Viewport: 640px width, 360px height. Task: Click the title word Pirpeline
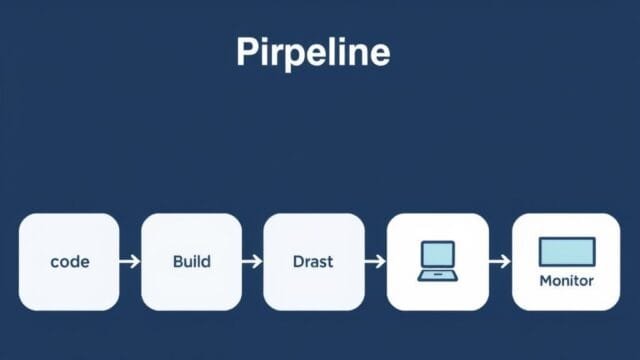(313, 52)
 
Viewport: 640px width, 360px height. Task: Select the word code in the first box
(69, 262)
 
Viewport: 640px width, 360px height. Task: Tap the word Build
(191, 262)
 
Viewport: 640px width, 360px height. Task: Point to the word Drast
(313, 262)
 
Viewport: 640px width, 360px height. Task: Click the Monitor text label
(566, 281)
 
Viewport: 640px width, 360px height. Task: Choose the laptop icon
(437, 261)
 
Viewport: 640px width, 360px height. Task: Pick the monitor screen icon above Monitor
(566, 251)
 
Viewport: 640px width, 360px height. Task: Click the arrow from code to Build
(130, 262)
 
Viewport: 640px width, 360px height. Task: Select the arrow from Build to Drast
(252, 262)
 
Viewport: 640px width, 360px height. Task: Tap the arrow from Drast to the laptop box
(375, 262)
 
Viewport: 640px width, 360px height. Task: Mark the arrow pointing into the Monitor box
(500, 262)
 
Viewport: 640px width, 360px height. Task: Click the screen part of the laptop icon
(437, 254)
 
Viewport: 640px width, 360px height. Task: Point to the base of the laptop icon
(437, 275)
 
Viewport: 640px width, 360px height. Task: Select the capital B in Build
(177, 262)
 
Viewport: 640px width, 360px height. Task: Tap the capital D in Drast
(298, 262)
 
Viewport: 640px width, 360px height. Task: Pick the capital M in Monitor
(545, 281)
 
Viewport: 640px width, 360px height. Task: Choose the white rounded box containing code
(69, 262)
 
